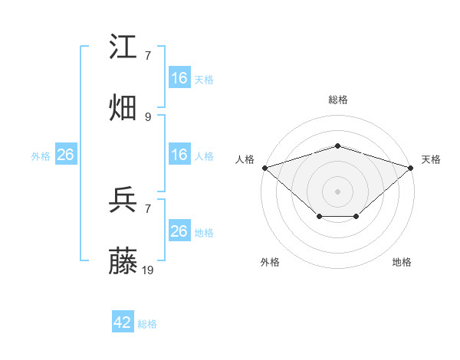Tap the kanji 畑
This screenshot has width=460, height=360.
[124, 107]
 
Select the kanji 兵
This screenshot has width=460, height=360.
[124, 201]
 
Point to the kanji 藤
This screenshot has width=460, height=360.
[124, 262]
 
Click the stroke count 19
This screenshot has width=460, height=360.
[149, 270]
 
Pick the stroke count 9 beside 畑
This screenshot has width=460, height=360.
[148, 116]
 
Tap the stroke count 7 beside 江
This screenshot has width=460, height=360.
[148, 56]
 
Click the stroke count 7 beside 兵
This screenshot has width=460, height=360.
[148, 208]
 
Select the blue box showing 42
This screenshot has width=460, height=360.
[123, 322]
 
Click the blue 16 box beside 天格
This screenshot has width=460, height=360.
[179, 78]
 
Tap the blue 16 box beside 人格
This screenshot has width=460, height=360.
[179, 155]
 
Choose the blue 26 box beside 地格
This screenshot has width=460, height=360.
[179, 231]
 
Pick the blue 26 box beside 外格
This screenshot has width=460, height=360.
[65, 155]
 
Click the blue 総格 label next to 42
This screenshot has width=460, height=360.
[147, 324]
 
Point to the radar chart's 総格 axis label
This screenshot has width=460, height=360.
[338, 100]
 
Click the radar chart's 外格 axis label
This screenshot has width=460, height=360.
[270, 262]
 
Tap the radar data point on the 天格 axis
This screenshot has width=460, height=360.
[411, 167]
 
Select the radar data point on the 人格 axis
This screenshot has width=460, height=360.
[264, 167]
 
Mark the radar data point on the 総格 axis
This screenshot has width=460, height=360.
[338, 146]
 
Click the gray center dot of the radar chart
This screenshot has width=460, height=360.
[338, 190]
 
